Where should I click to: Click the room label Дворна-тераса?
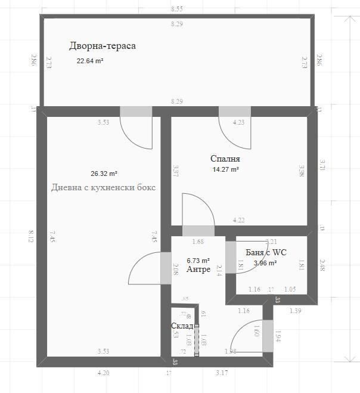[103, 46]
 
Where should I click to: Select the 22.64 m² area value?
[90, 61]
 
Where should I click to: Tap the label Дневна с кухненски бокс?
[104, 187]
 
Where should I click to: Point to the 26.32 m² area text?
[104, 174]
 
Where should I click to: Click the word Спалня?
[225, 159]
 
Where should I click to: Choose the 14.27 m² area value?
[226, 169]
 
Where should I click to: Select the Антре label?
[198, 270]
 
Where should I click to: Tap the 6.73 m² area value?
[198, 261]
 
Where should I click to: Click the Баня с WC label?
[266, 252]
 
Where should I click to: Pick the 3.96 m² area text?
[265, 262]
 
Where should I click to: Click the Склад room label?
[181, 326]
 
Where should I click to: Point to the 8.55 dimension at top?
[176, 10]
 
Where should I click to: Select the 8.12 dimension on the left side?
[31, 236]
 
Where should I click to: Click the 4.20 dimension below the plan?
[104, 373]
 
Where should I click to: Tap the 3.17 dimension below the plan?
[222, 373]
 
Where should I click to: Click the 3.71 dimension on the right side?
[322, 166]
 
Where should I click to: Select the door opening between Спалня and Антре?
[198, 231]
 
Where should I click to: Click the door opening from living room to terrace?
[136, 112]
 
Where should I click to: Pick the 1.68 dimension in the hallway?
[198, 242]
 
